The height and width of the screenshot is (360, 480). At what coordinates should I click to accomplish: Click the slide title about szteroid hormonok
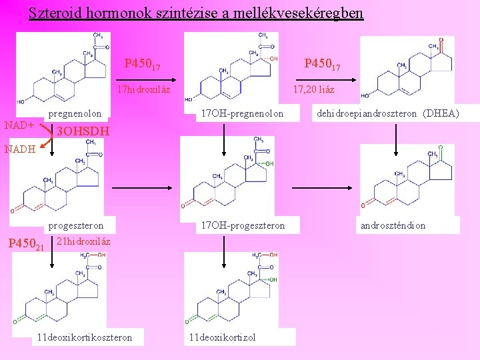click(196, 13)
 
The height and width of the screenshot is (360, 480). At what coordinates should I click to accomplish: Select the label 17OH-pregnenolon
click(242, 114)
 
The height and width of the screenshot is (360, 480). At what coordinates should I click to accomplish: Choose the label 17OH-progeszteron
click(242, 225)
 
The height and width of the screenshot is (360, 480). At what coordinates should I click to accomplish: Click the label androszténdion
click(393, 225)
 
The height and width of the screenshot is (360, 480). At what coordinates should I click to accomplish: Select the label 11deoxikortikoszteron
click(85, 337)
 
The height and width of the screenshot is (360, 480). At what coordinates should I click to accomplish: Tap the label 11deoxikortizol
click(222, 337)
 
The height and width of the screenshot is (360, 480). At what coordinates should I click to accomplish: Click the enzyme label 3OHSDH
click(83, 131)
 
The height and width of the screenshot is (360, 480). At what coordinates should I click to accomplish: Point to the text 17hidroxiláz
click(143, 89)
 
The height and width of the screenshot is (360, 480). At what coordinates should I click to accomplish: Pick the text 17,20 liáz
click(314, 89)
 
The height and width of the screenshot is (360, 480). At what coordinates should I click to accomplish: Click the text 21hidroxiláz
click(84, 241)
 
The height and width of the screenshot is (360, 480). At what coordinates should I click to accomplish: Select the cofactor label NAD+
click(19, 125)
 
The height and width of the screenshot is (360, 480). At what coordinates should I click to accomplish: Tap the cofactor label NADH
click(21, 149)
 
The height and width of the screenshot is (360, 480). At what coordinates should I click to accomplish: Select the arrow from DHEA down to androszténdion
click(396, 133)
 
